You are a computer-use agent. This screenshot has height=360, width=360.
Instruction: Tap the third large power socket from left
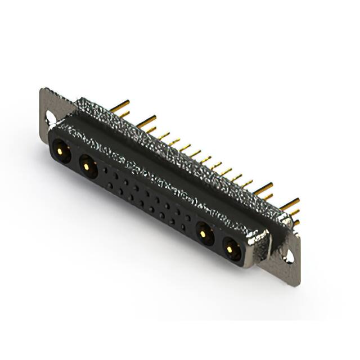point(204,232)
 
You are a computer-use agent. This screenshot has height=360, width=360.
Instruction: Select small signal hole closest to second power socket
point(106,168)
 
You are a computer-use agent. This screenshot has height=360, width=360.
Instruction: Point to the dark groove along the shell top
point(169,163)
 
